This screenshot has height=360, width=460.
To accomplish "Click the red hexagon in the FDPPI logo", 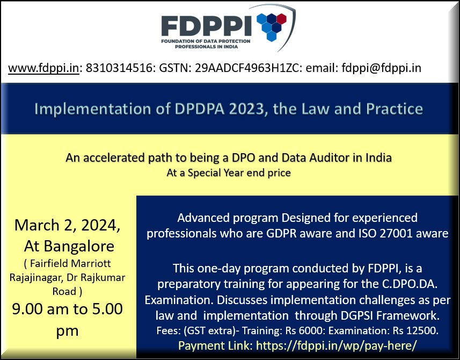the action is [x=281, y=18].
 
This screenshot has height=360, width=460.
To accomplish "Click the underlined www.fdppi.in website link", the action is [x=43, y=68].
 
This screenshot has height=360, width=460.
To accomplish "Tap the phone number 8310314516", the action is [x=119, y=68].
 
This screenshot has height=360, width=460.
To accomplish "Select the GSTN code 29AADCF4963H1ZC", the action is [x=247, y=68].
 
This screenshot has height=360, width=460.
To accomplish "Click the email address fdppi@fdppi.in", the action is [x=382, y=68].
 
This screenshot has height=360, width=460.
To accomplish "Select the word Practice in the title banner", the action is [x=395, y=109].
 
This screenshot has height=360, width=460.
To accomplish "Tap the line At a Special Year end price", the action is [x=229, y=172].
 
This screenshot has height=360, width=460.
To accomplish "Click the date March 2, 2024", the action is [x=67, y=226].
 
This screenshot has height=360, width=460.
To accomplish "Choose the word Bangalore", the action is [x=79, y=246].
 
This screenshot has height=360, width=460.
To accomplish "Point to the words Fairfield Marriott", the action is [x=70, y=263].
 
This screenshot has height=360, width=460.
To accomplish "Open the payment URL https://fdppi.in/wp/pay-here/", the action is [x=336, y=345].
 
